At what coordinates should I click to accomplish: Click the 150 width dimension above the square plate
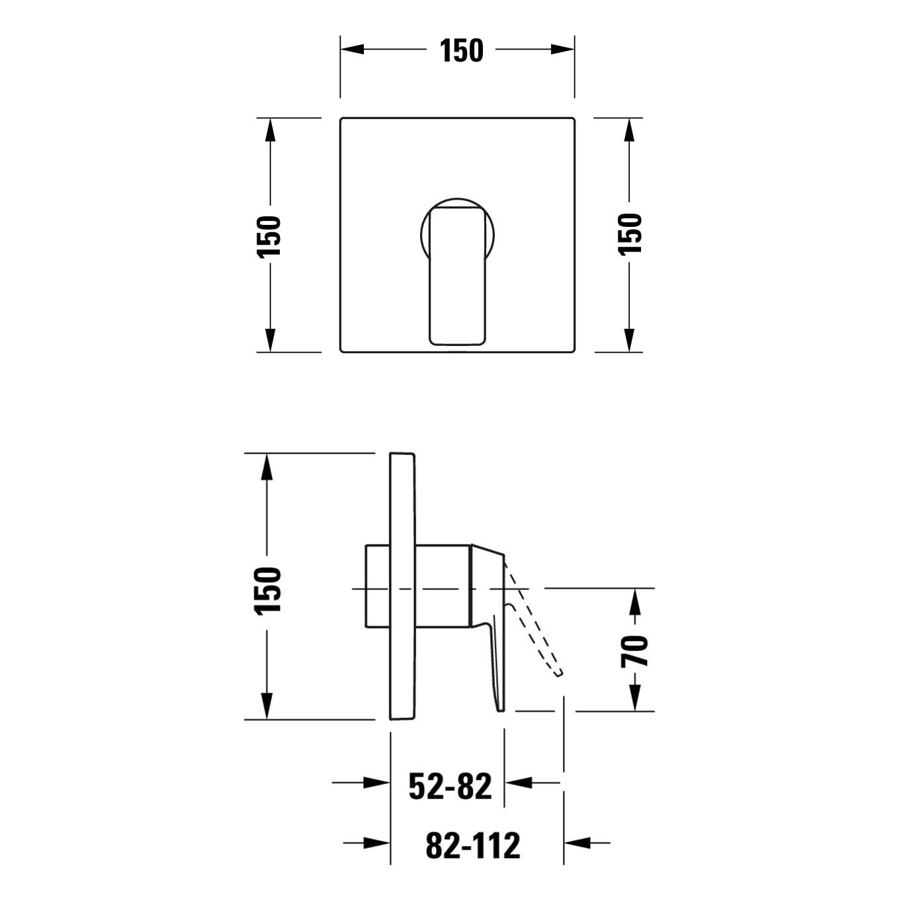(x=461, y=50)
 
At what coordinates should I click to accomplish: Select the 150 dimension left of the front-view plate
(x=269, y=236)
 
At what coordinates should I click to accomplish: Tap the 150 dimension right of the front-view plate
(x=630, y=234)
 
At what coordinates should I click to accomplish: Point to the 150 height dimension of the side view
(x=267, y=591)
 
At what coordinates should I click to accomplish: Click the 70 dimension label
(x=634, y=651)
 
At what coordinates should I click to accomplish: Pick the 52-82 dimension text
(x=450, y=787)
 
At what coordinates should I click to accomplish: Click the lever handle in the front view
(x=458, y=277)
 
